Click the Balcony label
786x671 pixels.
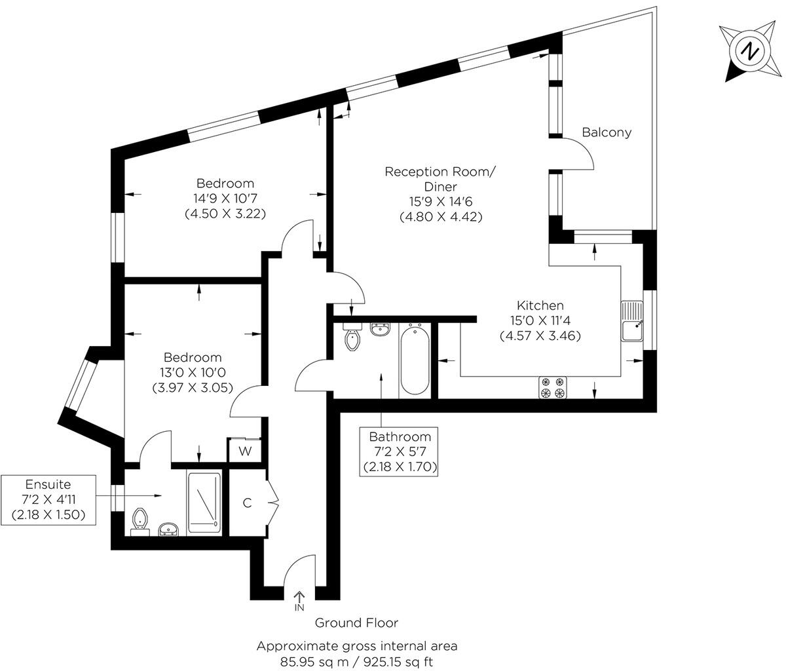(607, 132)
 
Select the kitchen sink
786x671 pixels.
(632, 320)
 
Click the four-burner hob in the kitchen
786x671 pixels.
(553, 388)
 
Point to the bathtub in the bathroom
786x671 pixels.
(415, 361)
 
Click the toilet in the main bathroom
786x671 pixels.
(352, 337)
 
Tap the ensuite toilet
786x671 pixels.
(139, 522)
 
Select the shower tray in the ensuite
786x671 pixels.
(204, 503)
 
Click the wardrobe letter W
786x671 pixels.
(245, 451)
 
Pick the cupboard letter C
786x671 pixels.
(247, 503)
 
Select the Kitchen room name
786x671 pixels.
(540, 305)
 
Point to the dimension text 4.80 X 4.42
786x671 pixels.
(441, 217)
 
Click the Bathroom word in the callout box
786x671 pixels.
(400, 436)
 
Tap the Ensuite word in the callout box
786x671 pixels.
(48, 484)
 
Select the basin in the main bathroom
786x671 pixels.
(381, 330)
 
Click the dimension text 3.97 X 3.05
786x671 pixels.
(193, 388)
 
